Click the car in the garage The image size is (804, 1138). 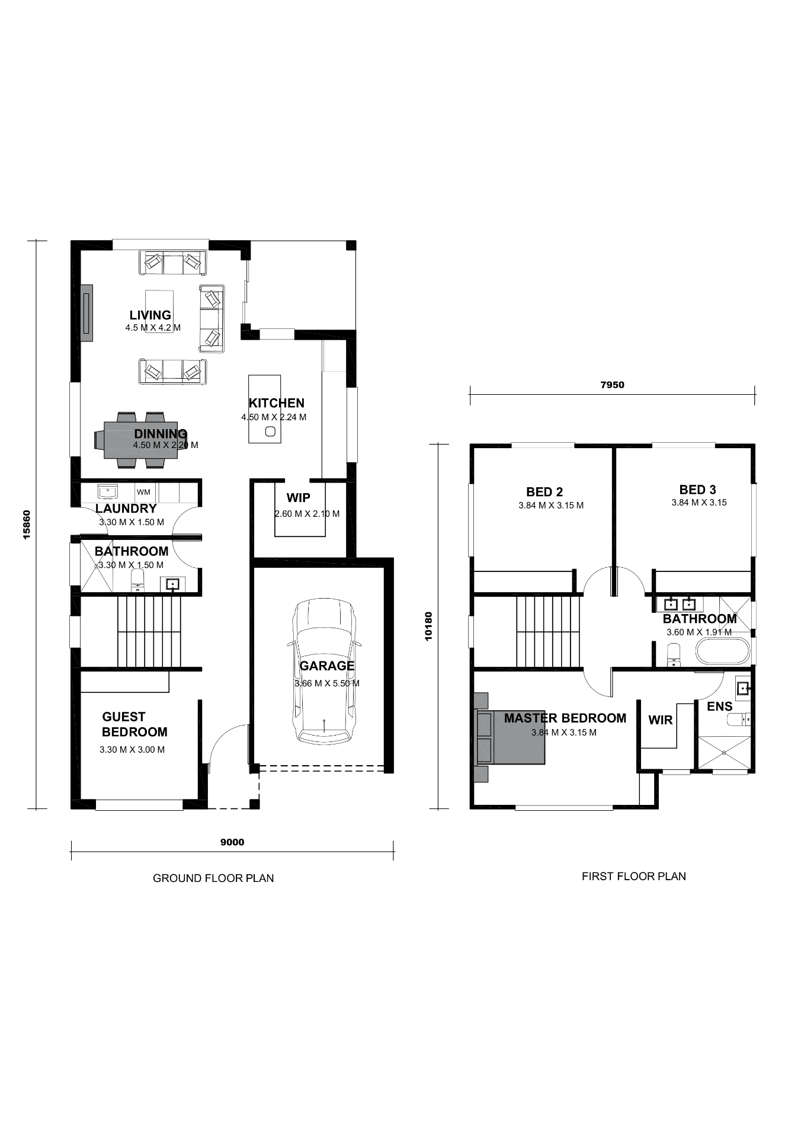coord(324,671)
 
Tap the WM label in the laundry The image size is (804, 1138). coord(143,492)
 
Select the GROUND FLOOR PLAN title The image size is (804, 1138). coord(213,878)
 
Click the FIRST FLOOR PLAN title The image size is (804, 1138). coord(634,876)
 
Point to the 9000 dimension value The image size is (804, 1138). coord(232,842)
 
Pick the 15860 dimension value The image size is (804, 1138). coord(27,525)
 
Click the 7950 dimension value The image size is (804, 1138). coord(612,385)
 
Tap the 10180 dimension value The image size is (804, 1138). coord(428,626)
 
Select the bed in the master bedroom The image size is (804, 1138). coord(510,737)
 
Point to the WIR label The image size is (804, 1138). coord(661,720)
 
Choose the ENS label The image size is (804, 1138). coord(720,707)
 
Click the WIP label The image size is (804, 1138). coord(298,498)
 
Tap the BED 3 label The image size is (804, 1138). coord(697,490)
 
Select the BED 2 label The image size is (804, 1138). coord(544,492)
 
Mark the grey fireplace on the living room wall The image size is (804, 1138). coord(87,313)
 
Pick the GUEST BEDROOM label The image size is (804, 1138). coord(134,724)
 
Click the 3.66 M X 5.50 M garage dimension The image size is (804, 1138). coord(327,683)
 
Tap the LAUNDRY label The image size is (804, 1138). coord(126,509)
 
